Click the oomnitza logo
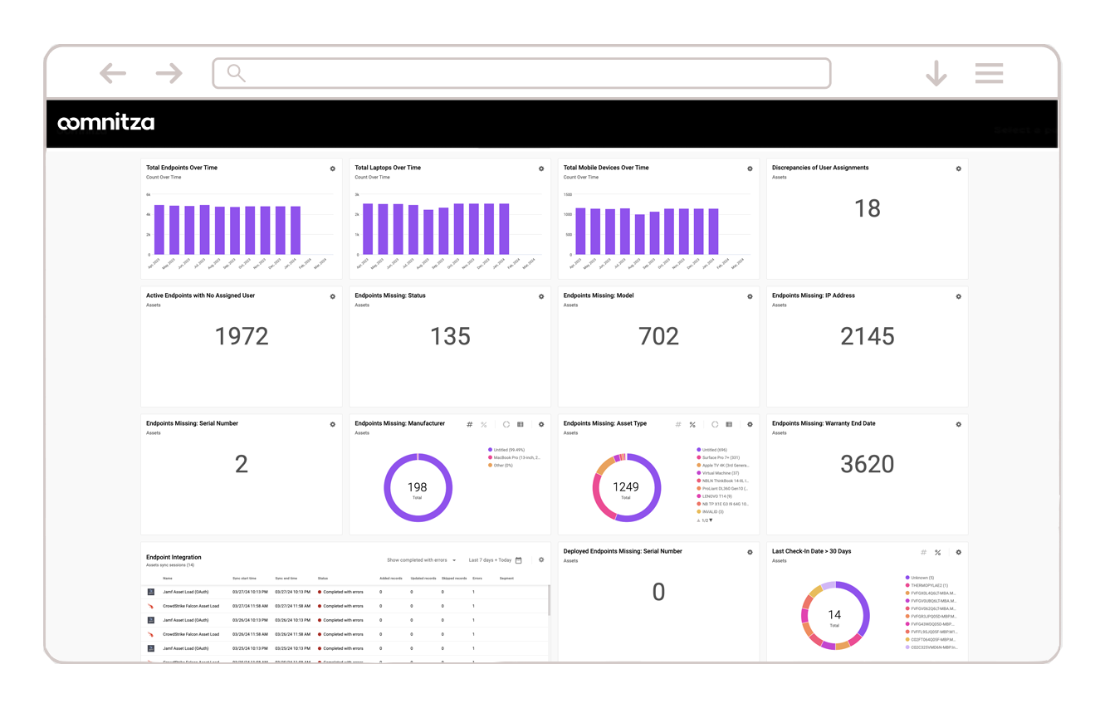click(x=105, y=123)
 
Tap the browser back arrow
click(x=112, y=74)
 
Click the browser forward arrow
click(x=169, y=74)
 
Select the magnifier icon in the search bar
click(x=236, y=74)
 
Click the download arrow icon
click(x=936, y=74)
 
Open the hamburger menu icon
click(x=989, y=73)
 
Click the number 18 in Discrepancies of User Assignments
click(x=867, y=208)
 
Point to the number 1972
click(x=241, y=336)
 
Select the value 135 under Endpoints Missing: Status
click(x=450, y=336)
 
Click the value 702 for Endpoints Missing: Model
click(x=658, y=336)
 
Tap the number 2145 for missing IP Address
click(x=867, y=336)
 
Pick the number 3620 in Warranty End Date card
click(x=867, y=464)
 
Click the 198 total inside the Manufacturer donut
click(x=418, y=487)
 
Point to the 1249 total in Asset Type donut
click(x=626, y=487)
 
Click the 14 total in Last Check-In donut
click(x=834, y=615)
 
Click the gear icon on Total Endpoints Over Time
click(x=333, y=168)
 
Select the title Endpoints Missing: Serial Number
click(x=192, y=423)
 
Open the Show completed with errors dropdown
click(x=421, y=560)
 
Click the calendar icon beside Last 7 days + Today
click(x=519, y=560)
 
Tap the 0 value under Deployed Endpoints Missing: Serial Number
click(x=658, y=592)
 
